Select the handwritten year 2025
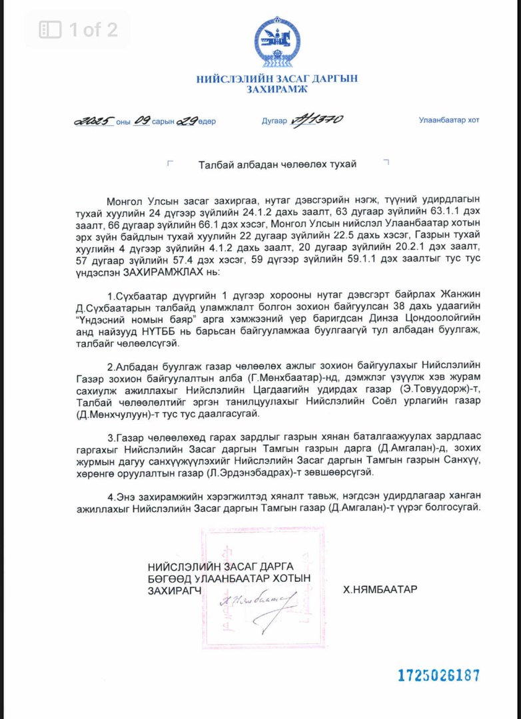tap(93, 121)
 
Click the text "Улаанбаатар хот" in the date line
tap(448, 120)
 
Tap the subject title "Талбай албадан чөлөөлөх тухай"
tap(277, 164)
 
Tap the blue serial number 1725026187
tap(438, 675)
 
